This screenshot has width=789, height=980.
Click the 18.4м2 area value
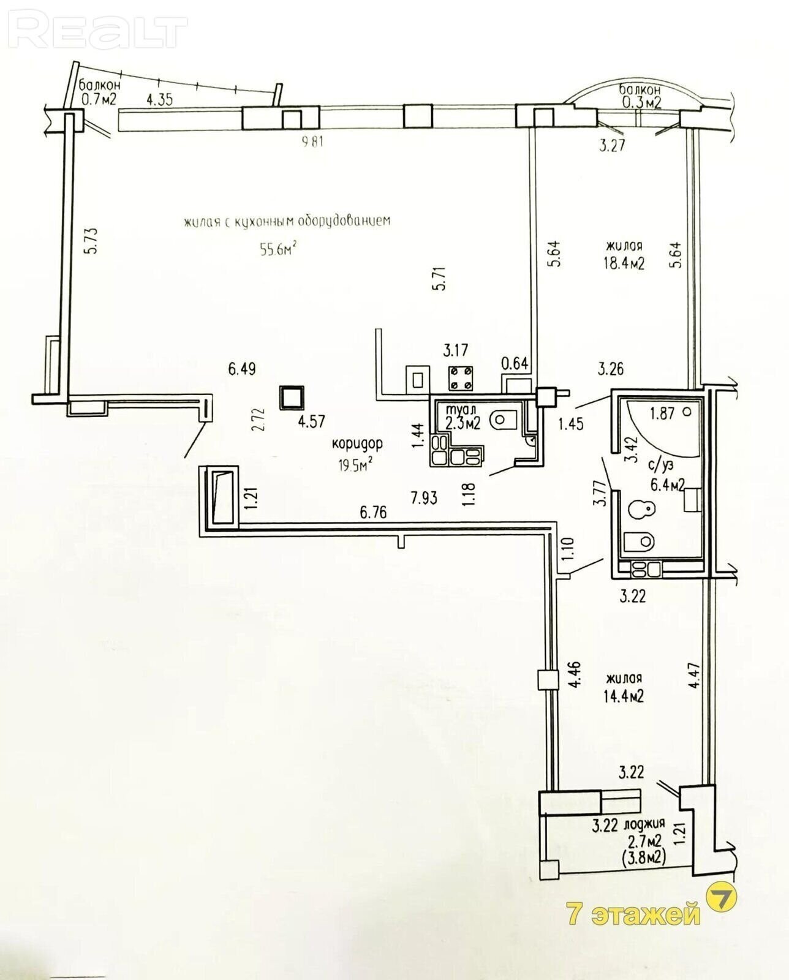[x=624, y=263]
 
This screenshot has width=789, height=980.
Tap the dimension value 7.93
[x=423, y=498]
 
